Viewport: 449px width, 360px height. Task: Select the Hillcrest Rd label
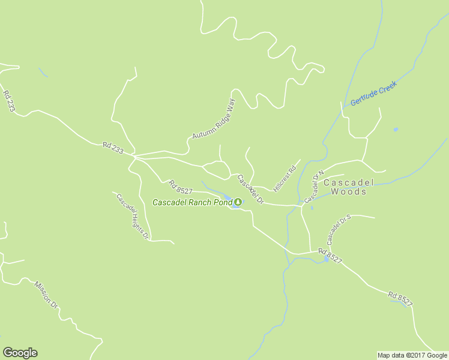pyautogui.click(x=285, y=178)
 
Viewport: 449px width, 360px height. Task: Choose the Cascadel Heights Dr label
pyautogui.click(x=132, y=217)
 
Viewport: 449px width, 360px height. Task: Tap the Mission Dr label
pyautogui.click(x=45, y=295)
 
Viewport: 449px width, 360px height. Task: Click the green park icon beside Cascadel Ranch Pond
pyautogui.click(x=238, y=202)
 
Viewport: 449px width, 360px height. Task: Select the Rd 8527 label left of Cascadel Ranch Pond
pyautogui.click(x=180, y=187)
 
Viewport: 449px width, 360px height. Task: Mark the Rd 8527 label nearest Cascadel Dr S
pyautogui.click(x=330, y=256)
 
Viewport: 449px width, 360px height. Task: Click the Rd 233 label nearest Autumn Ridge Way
pyautogui.click(x=113, y=148)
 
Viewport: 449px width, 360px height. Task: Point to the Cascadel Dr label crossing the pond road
pyautogui.click(x=250, y=189)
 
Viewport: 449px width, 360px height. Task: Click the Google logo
pyautogui.click(x=20, y=353)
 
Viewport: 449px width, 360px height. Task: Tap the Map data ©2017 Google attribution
pyautogui.click(x=412, y=355)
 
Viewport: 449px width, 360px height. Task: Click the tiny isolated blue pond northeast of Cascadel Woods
pyautogui.click(x=395, y=129)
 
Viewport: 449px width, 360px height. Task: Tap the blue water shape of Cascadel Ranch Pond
pyautogui.click(x=228, y=198)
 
